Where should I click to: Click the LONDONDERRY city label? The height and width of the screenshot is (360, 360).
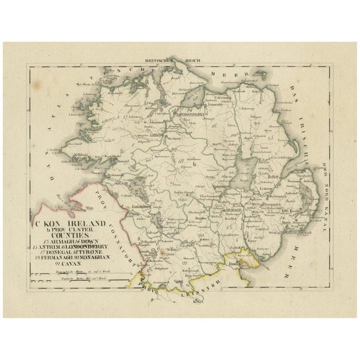pos(193,112)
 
